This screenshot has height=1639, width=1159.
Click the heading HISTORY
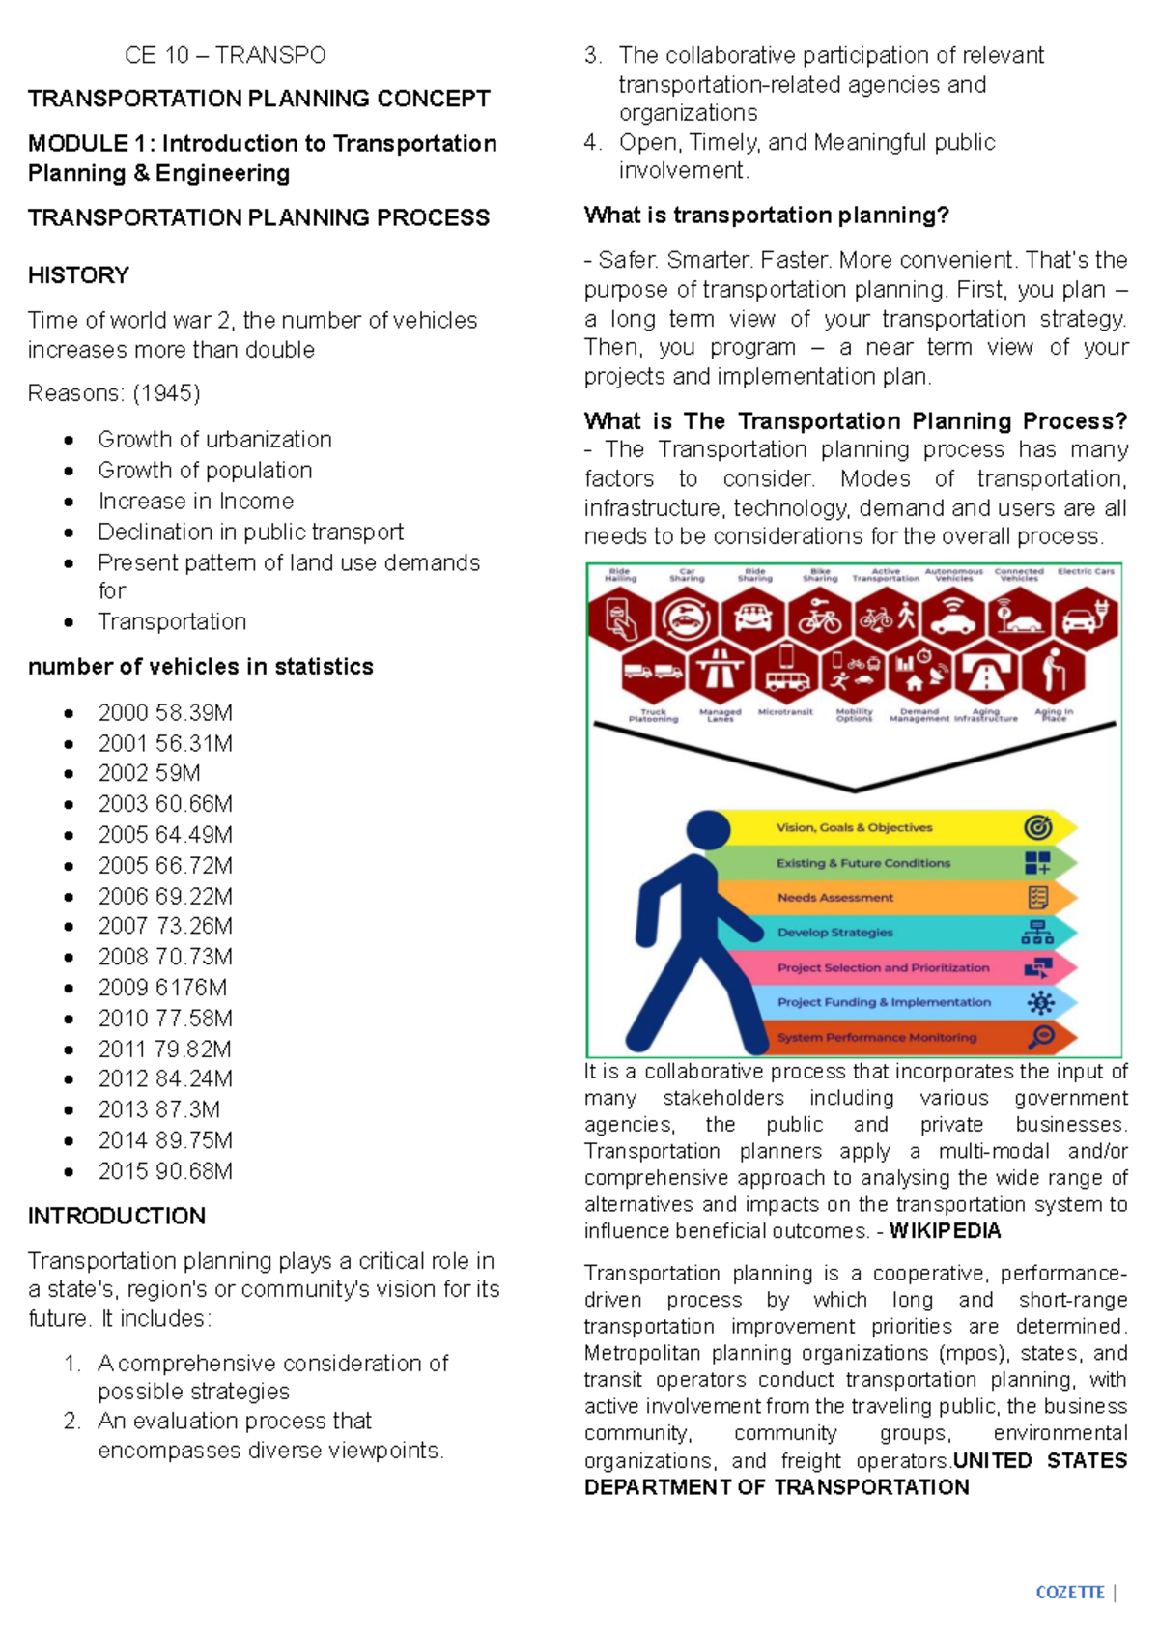78,275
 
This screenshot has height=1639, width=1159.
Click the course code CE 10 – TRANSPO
225,55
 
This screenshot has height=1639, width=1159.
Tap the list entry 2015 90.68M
164,1171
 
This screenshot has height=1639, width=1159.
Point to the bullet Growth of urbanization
214,440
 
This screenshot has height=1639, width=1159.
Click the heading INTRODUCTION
117,1216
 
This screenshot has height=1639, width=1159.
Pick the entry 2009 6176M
162,988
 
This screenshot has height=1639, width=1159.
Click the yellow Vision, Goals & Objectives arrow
854,827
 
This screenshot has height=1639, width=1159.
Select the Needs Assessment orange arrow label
835,898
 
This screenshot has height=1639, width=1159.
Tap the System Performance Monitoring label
877,1038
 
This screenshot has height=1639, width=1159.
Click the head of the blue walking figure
708,830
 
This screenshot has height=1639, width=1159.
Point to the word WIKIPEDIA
945,1231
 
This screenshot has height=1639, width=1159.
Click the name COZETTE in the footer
1069,1593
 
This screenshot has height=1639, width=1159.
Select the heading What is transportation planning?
767,216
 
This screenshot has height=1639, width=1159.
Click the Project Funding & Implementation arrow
884,1002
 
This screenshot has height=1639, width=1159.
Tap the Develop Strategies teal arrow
835,933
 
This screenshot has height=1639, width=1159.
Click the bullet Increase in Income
195,502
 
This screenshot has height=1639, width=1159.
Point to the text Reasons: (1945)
114,393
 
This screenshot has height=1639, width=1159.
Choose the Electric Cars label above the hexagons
1086,571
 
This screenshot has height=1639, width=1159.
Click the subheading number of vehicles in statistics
200,667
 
